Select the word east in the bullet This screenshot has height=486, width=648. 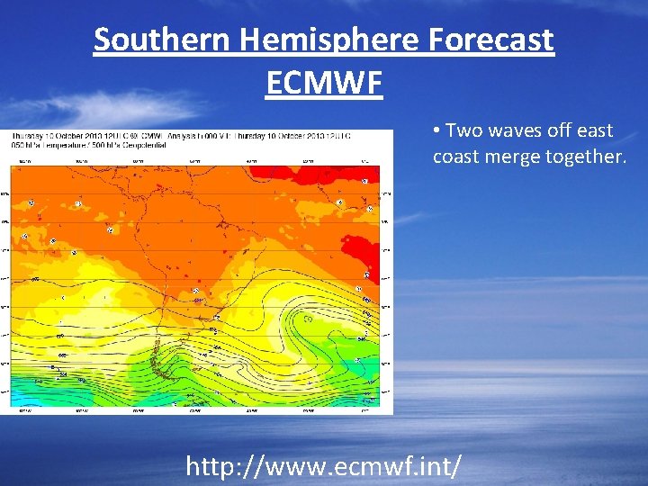(594, 130)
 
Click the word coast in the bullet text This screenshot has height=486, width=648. (456, 157)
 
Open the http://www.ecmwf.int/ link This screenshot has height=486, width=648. (324, 465)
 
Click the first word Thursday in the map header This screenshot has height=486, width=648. (27, 135)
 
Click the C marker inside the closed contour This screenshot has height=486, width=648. (308, 318)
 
